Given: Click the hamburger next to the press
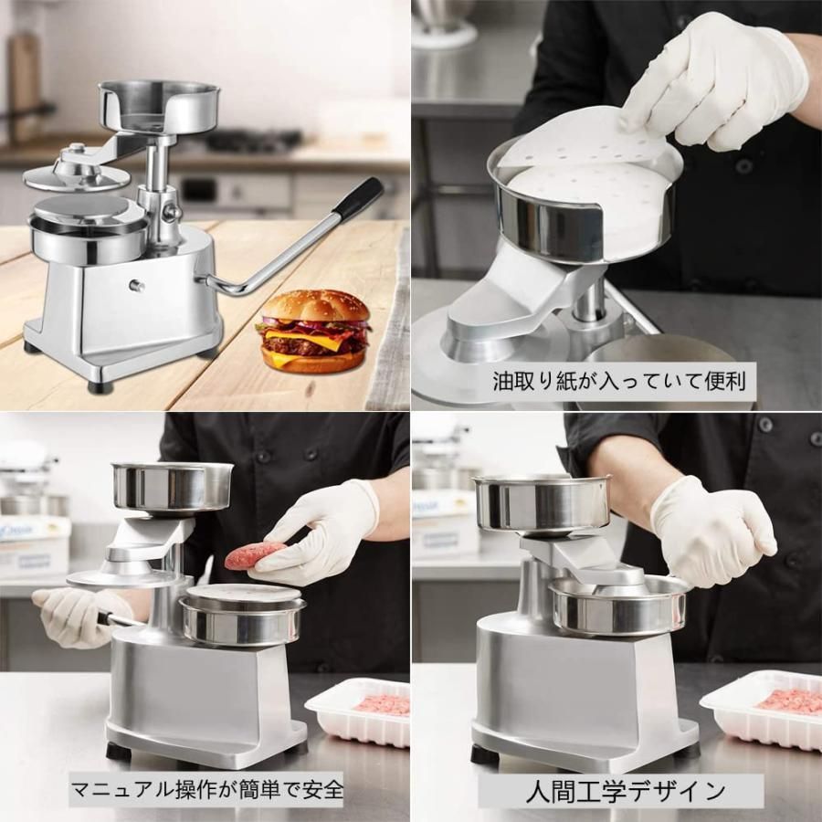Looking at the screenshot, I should click(313, 331).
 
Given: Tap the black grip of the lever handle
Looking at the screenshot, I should click(358, 198).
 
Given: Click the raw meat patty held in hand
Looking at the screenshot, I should click(255, 555).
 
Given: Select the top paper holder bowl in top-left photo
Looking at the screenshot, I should click(159, 105).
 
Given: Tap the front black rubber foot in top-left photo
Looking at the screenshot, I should click(94, 386).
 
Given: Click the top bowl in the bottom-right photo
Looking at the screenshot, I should click(541, 502).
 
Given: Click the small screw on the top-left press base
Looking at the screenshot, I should click(137, 286).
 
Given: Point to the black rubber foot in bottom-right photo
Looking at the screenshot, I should click(484, 754).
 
